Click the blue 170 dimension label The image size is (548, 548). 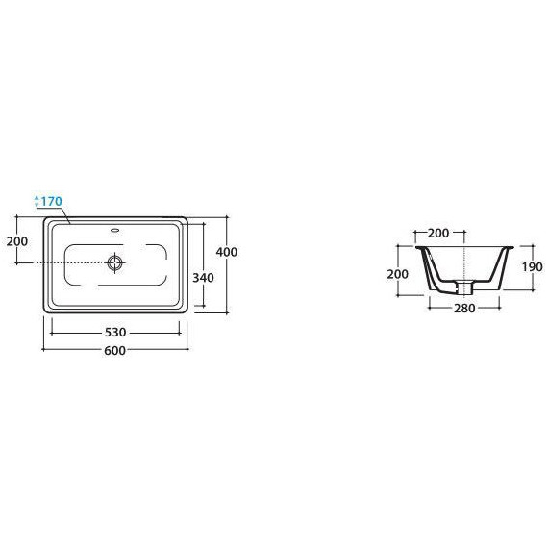click(51, 201)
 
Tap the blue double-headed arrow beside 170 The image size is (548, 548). click(37, 201)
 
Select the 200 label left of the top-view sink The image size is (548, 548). click(17, 241)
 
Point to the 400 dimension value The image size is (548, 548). click(227, 252)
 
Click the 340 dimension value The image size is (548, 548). click(203, 278)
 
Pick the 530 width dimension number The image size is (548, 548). click(115, 332)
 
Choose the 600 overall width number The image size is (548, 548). click(115, 350)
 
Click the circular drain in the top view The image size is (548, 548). click(115, 262)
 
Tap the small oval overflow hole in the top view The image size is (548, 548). click(115, 230)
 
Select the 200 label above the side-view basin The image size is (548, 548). click(438, 233)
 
